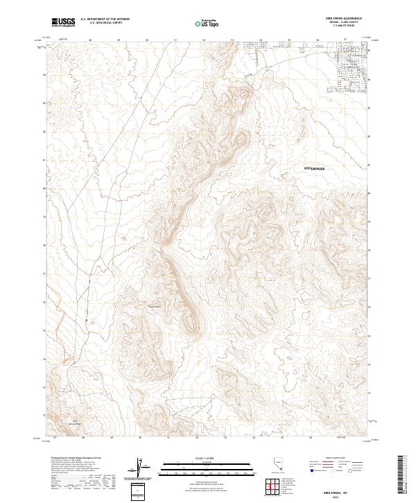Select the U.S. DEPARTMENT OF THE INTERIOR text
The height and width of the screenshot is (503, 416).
click(105, 19)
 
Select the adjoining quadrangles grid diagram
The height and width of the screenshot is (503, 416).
click(272, 487)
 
